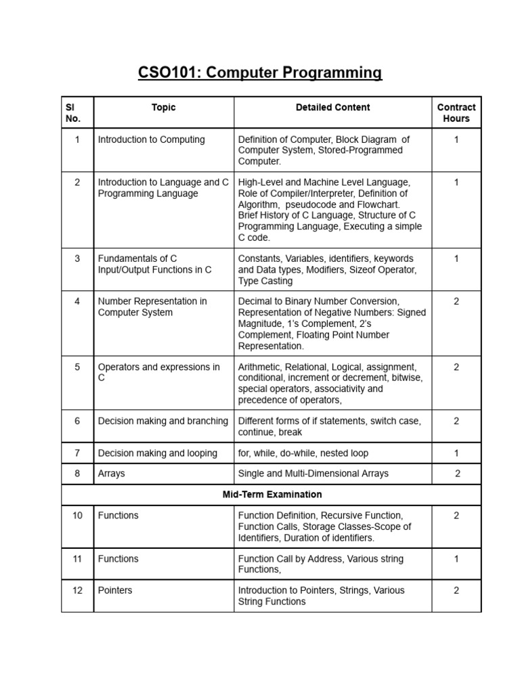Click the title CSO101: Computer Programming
(x=260, y=72)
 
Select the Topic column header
(x=163, y=107)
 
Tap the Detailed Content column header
(x=332, y=107)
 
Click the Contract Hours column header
(x=456, y=113)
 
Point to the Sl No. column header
(x=73, y=113)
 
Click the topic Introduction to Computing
(x=151, y=139)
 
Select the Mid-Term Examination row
(x=272, y=495)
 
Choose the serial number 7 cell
(x=77, y=453)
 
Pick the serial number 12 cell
(x=77, y=590)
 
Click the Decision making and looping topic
(x=158, y=453)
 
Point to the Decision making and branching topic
(x=163, y=421)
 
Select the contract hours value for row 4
(x=456, y=301)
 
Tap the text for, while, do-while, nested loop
(x=303, y=453)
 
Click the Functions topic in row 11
(x=118, y=559)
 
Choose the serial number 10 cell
(x=77, y=516)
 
